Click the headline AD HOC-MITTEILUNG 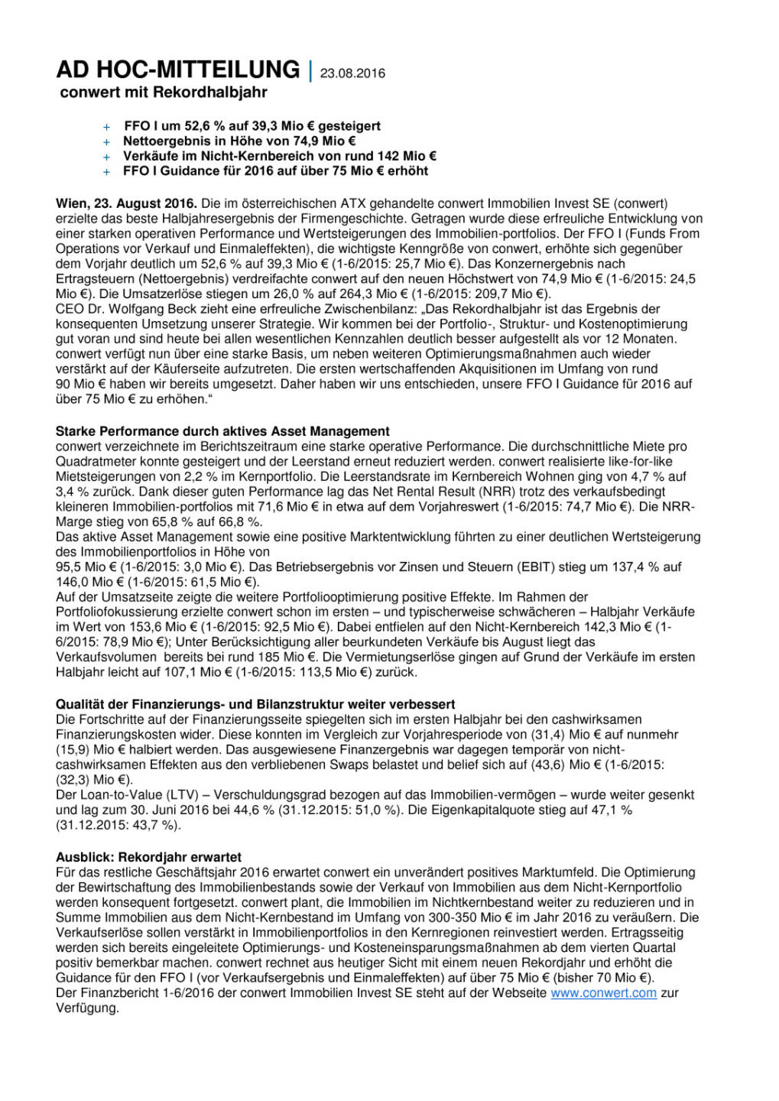click(177, 70)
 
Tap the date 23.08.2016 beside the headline click(352, 73)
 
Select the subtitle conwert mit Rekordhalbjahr click(164, 93)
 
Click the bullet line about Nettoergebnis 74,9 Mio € click(239, 141)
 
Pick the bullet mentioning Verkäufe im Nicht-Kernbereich click(280, 156)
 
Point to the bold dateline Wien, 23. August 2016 click(126, 203)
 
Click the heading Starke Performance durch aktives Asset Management click(222, 431)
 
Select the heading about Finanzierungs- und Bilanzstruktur click(255, 704)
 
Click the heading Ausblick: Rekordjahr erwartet click(148, 857)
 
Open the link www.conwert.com click(603, 992)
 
